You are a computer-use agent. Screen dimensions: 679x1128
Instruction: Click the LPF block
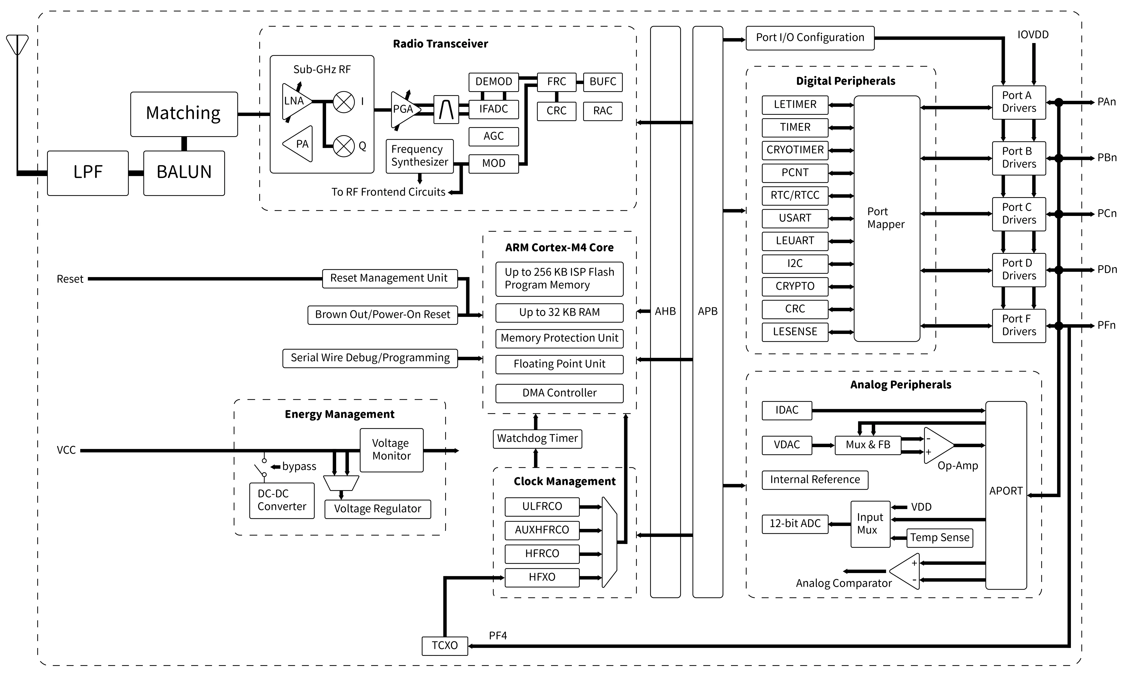(x=88, y=173)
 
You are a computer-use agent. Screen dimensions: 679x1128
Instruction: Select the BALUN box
(x=184, y=173)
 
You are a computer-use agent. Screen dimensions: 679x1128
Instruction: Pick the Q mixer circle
(x=344, y=146)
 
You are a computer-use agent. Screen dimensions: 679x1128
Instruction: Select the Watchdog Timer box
(x=537, y=438)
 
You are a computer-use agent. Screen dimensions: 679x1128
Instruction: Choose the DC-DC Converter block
(x=282, y=500)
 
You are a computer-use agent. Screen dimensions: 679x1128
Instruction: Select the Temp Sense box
(x=940, y=538)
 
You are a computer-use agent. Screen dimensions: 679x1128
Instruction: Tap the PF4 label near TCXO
(x=498, y=636)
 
